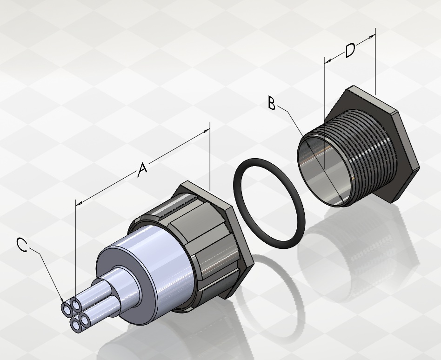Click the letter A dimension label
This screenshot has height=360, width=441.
[x=143, y=169]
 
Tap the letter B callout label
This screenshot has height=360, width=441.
[x=271, y=103]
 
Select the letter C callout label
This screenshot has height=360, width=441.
[x=22, y=244]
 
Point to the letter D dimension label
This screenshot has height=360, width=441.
[x=350, y=51]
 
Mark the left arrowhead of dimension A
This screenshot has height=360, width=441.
[x=79, y=203]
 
